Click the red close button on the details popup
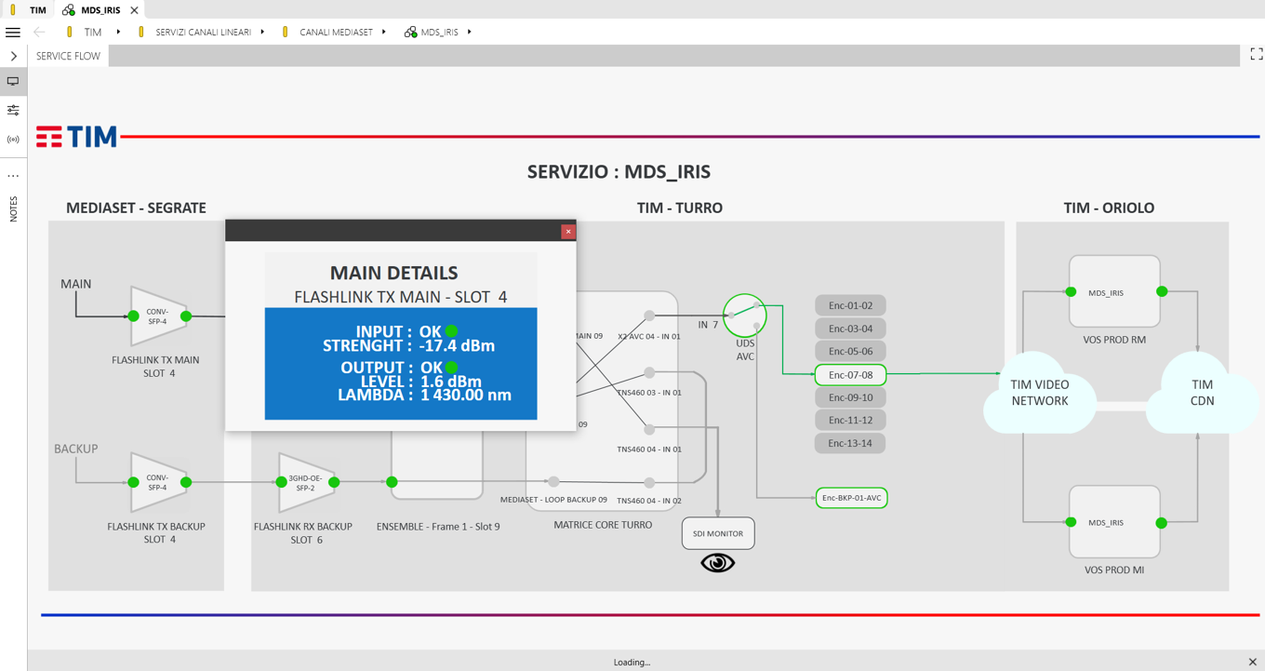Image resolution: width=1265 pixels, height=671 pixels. (x=568, y=232)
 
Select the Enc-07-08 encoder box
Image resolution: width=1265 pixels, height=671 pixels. (x=850, y=374)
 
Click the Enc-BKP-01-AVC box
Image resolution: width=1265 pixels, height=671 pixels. (x=852, y=498)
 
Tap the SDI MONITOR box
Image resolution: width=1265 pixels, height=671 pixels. (x=718, y=533)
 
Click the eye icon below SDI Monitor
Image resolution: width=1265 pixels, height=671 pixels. (x=718, y=563)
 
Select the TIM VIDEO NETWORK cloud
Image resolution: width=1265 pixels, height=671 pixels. (x=1040, y=393)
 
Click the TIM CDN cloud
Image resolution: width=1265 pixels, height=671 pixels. (x=1202, y=393)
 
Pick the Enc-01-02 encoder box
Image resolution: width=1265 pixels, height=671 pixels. (x=850, y=305)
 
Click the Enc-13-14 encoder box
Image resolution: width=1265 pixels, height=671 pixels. (x=850, y=443)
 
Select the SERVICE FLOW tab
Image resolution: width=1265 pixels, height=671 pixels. (x=68, y=56)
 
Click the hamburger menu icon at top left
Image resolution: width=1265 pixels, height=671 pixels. (x=13, y=33)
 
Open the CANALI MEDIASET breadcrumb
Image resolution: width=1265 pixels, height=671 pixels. (x=336, y=33)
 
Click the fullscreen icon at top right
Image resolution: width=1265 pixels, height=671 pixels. (x=1257, y=54)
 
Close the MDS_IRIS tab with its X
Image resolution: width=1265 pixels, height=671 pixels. (x=134, y=10)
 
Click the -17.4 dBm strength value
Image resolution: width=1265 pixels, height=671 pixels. (x=457, y=345)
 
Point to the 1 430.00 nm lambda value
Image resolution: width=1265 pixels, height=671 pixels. (x=466, y=395)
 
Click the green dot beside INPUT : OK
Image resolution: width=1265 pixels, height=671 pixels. (x=451, y=331)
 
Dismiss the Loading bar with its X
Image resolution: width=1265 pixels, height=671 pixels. (x=1253, y=662)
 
